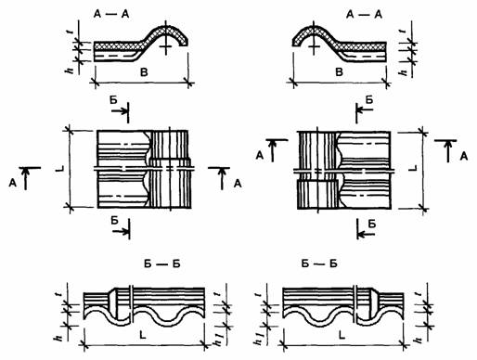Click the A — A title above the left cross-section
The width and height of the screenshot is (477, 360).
point(111,14)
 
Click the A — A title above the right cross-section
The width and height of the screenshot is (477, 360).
point(364,14)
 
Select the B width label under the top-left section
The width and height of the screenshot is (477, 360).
point(144,72)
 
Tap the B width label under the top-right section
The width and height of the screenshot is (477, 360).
point(340,72)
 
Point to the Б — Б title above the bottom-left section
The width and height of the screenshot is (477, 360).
point(162,264)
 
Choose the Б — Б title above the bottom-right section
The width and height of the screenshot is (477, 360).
point(319,264)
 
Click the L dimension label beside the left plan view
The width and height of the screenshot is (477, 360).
point(60,169)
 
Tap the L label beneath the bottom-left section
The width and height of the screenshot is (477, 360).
point(143,335)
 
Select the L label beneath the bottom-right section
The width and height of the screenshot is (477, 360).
point(342,335)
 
